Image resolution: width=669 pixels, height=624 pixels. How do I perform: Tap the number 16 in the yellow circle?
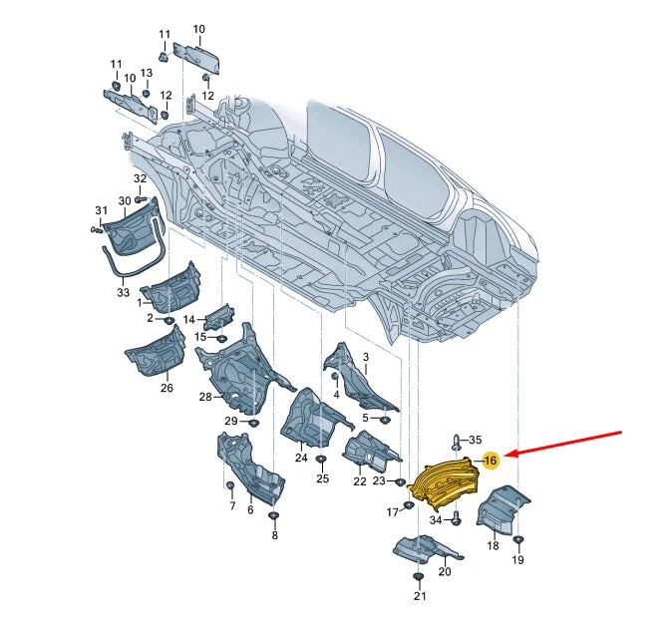491,461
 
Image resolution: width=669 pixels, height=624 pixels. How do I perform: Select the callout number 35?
476,440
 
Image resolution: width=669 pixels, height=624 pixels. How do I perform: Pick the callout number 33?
123,293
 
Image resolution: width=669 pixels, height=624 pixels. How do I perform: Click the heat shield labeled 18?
503,510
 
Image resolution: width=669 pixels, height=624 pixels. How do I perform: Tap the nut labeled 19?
518,540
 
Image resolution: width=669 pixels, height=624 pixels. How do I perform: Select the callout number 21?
420,596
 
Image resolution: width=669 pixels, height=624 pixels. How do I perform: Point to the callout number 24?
301,458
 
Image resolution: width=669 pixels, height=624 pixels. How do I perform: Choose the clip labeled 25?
320,460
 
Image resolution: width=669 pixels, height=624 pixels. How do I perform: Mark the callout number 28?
205,397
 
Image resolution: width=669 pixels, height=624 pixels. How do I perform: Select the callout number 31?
101,210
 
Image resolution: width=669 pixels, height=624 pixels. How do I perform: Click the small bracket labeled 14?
219,318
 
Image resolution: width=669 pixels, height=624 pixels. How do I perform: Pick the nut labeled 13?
146,94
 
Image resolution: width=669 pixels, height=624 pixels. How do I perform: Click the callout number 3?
366,357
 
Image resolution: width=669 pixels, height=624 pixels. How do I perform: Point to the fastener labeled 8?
273,515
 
